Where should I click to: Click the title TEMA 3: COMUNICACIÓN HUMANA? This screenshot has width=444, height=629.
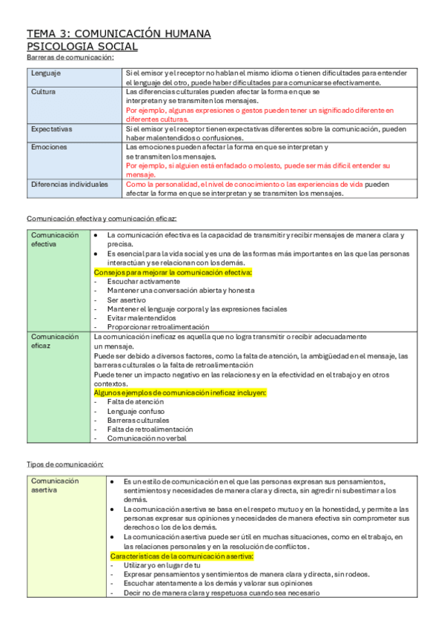[119, 33]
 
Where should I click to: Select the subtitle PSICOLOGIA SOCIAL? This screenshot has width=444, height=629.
[82, 47]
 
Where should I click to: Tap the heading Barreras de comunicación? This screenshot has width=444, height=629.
[70, 58]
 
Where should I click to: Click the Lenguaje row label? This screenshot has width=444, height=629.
[46, 73]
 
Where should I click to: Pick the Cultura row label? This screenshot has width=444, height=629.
[43, 92]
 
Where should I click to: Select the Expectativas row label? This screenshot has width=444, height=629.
[51, 129]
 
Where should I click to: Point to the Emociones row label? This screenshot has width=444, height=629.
[49, 147]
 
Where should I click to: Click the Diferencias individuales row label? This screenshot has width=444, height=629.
[69, 184]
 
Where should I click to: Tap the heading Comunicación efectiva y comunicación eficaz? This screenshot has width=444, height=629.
[102, 219]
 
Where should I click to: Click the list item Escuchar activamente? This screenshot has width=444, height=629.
[143, 282]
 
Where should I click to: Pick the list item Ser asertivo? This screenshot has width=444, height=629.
[128, 300]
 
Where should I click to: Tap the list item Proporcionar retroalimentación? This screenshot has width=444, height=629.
[158, 327]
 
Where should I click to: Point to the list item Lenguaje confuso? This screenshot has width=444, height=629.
[136, 411]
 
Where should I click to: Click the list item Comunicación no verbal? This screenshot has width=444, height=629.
[147, 438]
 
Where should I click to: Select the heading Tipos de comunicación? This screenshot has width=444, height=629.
[65, 464]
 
